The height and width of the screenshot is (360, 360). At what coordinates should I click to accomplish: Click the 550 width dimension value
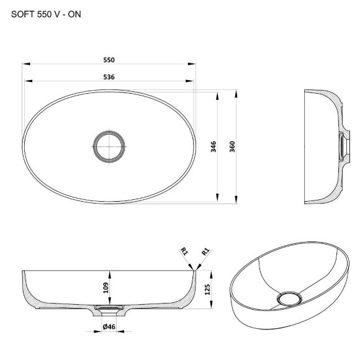click(x=110, y=60)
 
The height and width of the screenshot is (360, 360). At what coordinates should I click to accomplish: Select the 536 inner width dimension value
click(x=110, y=76)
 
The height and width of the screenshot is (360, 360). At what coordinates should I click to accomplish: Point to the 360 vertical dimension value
click(x=232, y=146)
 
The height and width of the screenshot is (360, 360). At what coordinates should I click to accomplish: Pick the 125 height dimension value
click(x=207, y=290)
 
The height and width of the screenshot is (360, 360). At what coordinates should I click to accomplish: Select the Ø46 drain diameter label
click(x=110, y=326)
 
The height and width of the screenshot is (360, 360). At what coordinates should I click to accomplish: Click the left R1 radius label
click(x=184, y=251)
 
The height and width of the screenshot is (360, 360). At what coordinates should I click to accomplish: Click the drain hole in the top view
click(x=110, y=146)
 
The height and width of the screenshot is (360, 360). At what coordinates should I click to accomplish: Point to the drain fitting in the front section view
click(x=109, y=307)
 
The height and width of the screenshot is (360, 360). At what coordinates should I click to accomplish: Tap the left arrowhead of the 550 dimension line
click(x=25, y=64)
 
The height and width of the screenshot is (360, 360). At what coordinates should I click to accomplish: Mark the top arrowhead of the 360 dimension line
click(x=236, y=93)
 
